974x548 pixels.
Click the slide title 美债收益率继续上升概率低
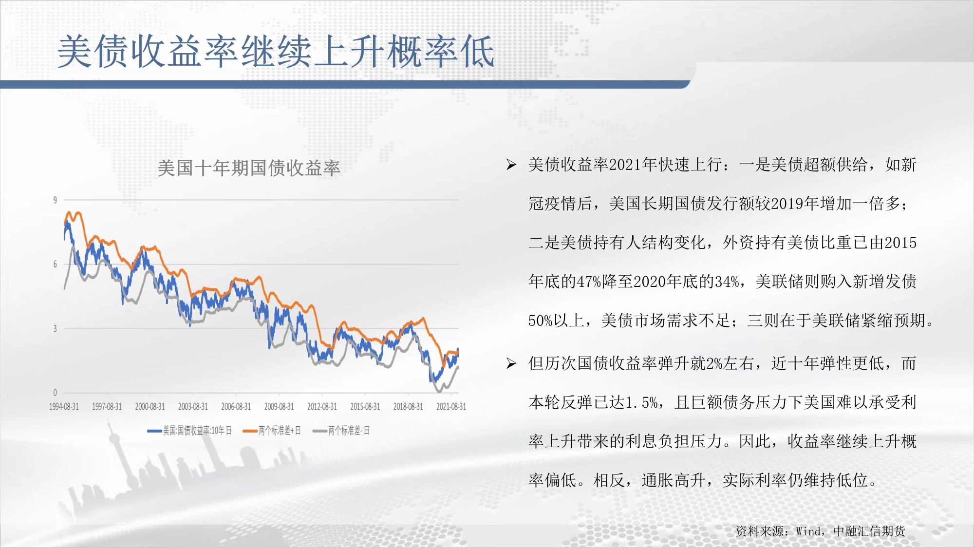coord(276,52)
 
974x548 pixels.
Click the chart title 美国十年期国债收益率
coord(249,168)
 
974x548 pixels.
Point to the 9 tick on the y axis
coord(55,200)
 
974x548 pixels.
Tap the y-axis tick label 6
coord(55,264)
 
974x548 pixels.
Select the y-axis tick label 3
coord(55,328)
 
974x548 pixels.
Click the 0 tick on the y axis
coord(55,393)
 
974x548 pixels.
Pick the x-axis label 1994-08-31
coord(64,407)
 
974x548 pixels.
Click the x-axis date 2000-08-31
coord(150,407)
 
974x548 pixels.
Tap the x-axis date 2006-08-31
coord(236,407)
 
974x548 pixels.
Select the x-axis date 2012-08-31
coord(322,407)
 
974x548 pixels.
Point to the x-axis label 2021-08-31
coord(451,407)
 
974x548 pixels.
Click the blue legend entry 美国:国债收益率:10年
coord(189,431)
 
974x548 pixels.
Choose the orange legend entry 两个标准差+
coord(272,431)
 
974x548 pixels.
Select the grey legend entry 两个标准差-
coord(341,431)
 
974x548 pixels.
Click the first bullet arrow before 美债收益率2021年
coord(511,165)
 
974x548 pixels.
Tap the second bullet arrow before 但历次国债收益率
coord(511,363)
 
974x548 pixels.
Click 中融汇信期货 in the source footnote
coord(869,531)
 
